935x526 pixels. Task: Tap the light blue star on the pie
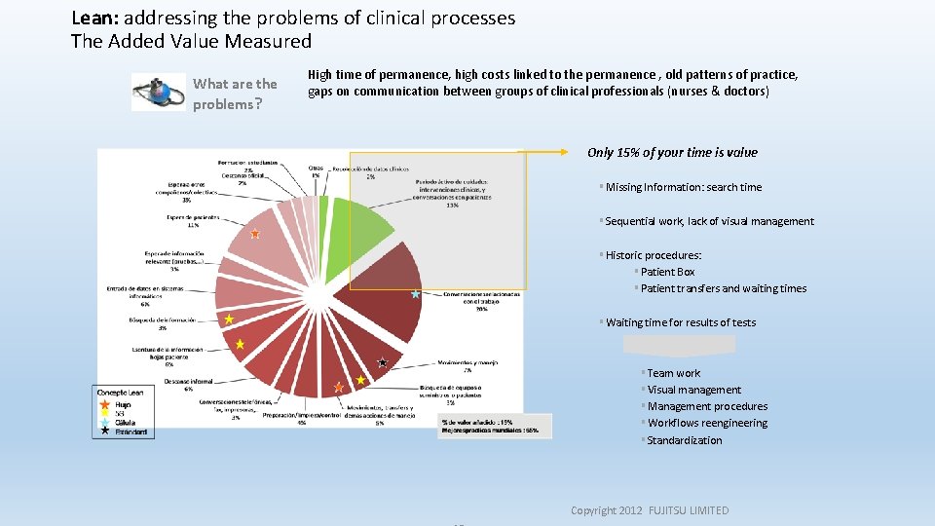pos(416,293)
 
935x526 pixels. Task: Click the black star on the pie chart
pos(383,363)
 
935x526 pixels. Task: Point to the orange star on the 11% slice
pos(255,234)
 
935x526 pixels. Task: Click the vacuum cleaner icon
pos(158,93)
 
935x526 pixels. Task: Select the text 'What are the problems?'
pos(235,94)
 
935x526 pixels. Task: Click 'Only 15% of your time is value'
pos(672,152)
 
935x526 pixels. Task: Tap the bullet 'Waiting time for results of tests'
pos(680,322)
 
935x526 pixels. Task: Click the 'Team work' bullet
pos(673,373)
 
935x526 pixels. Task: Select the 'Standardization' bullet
pos(684,440)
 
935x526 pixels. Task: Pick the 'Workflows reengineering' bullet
pos(706,423)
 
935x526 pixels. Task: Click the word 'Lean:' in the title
pos(94,18)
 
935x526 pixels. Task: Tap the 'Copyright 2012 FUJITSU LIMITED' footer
pos(649,510)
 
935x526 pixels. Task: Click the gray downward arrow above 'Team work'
pos(680,347)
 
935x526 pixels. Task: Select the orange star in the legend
pos(103,403)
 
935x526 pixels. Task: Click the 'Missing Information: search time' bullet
pos(683,187)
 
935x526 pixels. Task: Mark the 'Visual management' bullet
pos(693,390)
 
